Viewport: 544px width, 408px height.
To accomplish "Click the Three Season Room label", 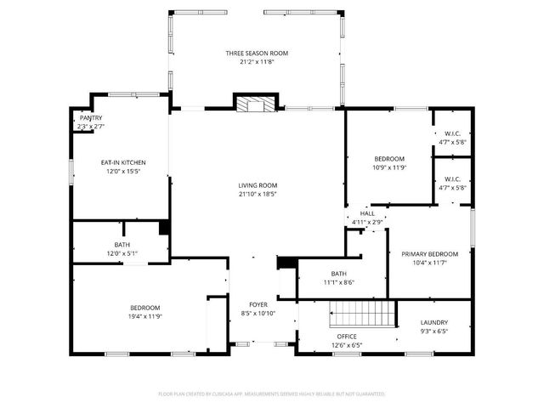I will point(257,54).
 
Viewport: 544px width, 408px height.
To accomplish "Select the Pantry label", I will point(90,119).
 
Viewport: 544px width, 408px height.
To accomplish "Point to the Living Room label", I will point(257,185).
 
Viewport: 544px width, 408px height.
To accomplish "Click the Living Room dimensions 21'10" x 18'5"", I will point(257,194).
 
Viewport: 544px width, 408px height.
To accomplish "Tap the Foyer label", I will point(258,304).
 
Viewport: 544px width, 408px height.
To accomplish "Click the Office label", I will point(347,336).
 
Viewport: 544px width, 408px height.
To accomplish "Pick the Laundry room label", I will point(433,323).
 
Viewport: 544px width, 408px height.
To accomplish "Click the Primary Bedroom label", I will point(429,254).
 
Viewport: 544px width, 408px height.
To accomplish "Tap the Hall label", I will point(367,214).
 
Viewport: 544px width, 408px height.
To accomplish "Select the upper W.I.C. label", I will point(451,133).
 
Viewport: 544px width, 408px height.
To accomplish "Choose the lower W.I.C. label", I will point(451,178).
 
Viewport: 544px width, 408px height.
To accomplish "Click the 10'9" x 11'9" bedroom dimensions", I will point(389,167).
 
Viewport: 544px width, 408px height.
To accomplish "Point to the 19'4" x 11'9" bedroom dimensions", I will point(144,316).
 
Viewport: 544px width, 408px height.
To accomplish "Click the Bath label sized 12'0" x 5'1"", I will point(122,246).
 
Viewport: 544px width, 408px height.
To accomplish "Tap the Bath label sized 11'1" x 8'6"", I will point(338,274).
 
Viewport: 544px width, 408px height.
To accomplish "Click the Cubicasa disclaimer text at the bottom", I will point(272,394).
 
